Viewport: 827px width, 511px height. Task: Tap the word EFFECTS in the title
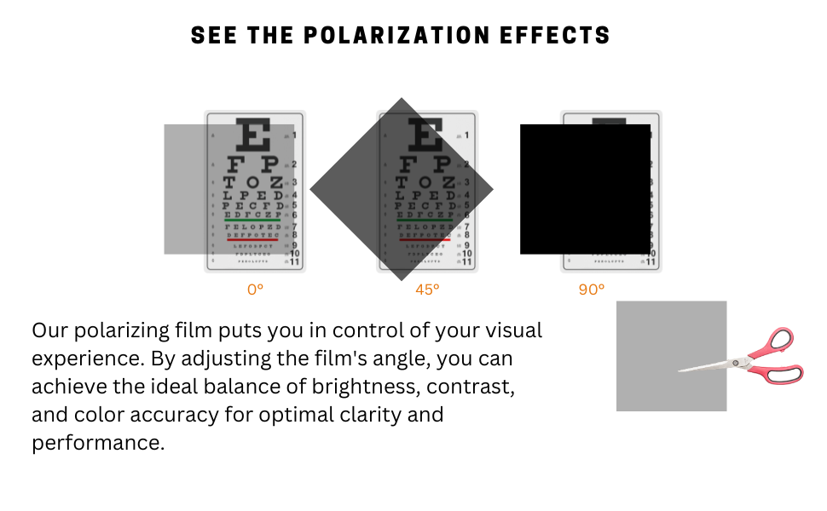[565, 36]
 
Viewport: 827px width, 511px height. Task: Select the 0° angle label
[255, 290]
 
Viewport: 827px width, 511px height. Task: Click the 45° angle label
[427, 290]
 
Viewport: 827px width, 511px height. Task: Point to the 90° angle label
[591, 290]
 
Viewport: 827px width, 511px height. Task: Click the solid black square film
[585, 189]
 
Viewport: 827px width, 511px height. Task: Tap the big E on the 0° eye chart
[254, 135]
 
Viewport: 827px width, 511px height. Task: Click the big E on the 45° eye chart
[426, 135]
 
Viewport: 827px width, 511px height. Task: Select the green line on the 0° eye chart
[253, 221]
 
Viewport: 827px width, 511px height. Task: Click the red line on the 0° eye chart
[253, 239]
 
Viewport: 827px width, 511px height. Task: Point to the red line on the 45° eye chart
[425, 239]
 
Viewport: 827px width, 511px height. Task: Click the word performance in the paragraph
[97, 444]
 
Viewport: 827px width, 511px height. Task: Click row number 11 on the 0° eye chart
[295, 262]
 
